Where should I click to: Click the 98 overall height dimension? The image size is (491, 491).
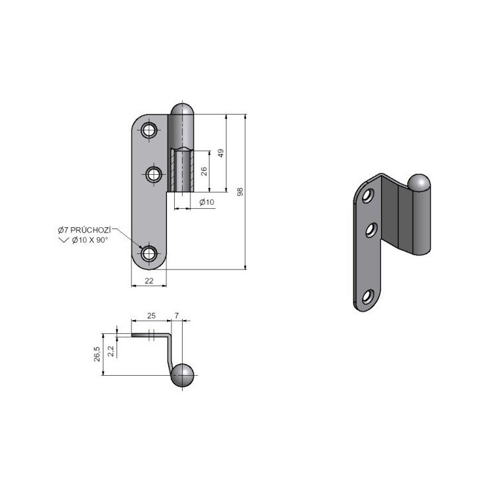(240, 192)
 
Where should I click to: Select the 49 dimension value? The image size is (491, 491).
(221, 153)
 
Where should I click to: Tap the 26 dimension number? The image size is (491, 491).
(204, 172)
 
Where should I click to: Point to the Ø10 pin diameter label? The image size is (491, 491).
(207, 202)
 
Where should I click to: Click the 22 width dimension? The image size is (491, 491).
(149, 281)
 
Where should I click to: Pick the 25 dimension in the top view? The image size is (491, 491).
(151, 316)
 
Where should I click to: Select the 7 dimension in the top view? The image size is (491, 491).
(177, 316)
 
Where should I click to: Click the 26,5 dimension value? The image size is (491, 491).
(97, 354)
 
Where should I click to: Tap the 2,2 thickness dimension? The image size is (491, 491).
(111, 352)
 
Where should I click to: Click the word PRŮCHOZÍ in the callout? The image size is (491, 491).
(90, 230)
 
